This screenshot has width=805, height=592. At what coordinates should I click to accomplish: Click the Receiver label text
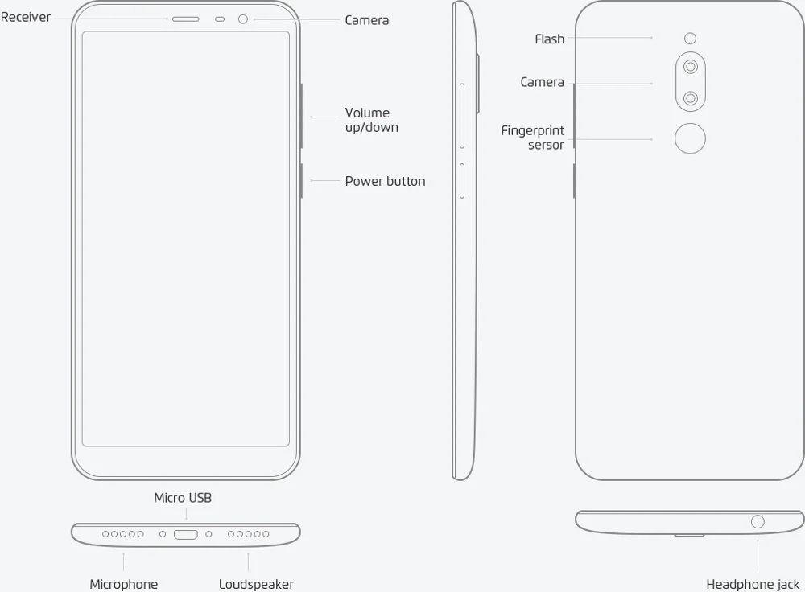26,17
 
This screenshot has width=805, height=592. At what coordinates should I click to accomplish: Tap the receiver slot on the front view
185,18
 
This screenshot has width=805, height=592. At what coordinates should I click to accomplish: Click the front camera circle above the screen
243,18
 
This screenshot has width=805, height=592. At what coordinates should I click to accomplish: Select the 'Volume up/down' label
371,120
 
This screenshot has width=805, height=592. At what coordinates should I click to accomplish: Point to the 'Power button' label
385,181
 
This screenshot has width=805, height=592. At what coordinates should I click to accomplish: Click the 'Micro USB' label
183,498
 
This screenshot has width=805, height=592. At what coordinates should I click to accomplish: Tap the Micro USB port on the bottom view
186,534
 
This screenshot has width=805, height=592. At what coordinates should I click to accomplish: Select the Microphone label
123,584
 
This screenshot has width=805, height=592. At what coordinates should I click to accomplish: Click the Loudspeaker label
256,584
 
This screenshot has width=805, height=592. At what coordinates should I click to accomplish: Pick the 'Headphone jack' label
753,584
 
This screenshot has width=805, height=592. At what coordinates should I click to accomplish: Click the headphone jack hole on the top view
757,522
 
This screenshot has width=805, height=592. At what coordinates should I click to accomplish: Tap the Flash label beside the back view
550,39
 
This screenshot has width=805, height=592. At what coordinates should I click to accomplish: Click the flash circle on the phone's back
690,38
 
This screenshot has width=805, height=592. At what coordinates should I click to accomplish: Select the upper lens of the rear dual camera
690,67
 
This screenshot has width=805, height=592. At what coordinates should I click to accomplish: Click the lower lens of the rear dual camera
690,98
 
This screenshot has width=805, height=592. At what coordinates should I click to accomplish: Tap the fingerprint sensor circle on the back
690,139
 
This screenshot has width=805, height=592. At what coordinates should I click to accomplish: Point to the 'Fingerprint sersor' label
533,138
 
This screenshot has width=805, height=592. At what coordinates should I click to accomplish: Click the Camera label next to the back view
542,82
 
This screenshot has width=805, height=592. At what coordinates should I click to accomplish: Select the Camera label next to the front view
366,20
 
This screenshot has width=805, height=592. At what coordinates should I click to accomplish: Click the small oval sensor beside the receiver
220,18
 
